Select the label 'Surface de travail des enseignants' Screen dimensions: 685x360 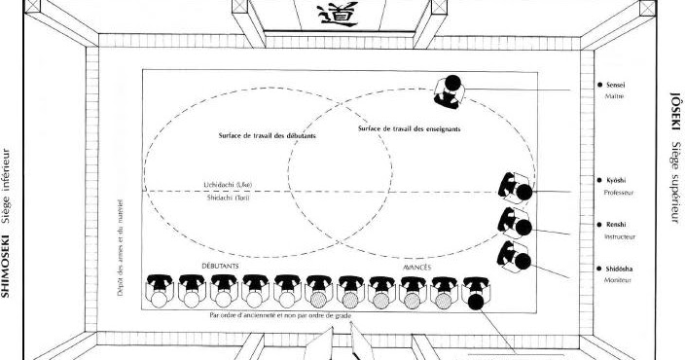pyautogui.click(x=409, y=128)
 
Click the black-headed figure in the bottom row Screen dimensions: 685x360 pyautogui.click(x=476, y=301)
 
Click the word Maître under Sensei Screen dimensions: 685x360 pyautogui.click(x=614, y=96)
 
